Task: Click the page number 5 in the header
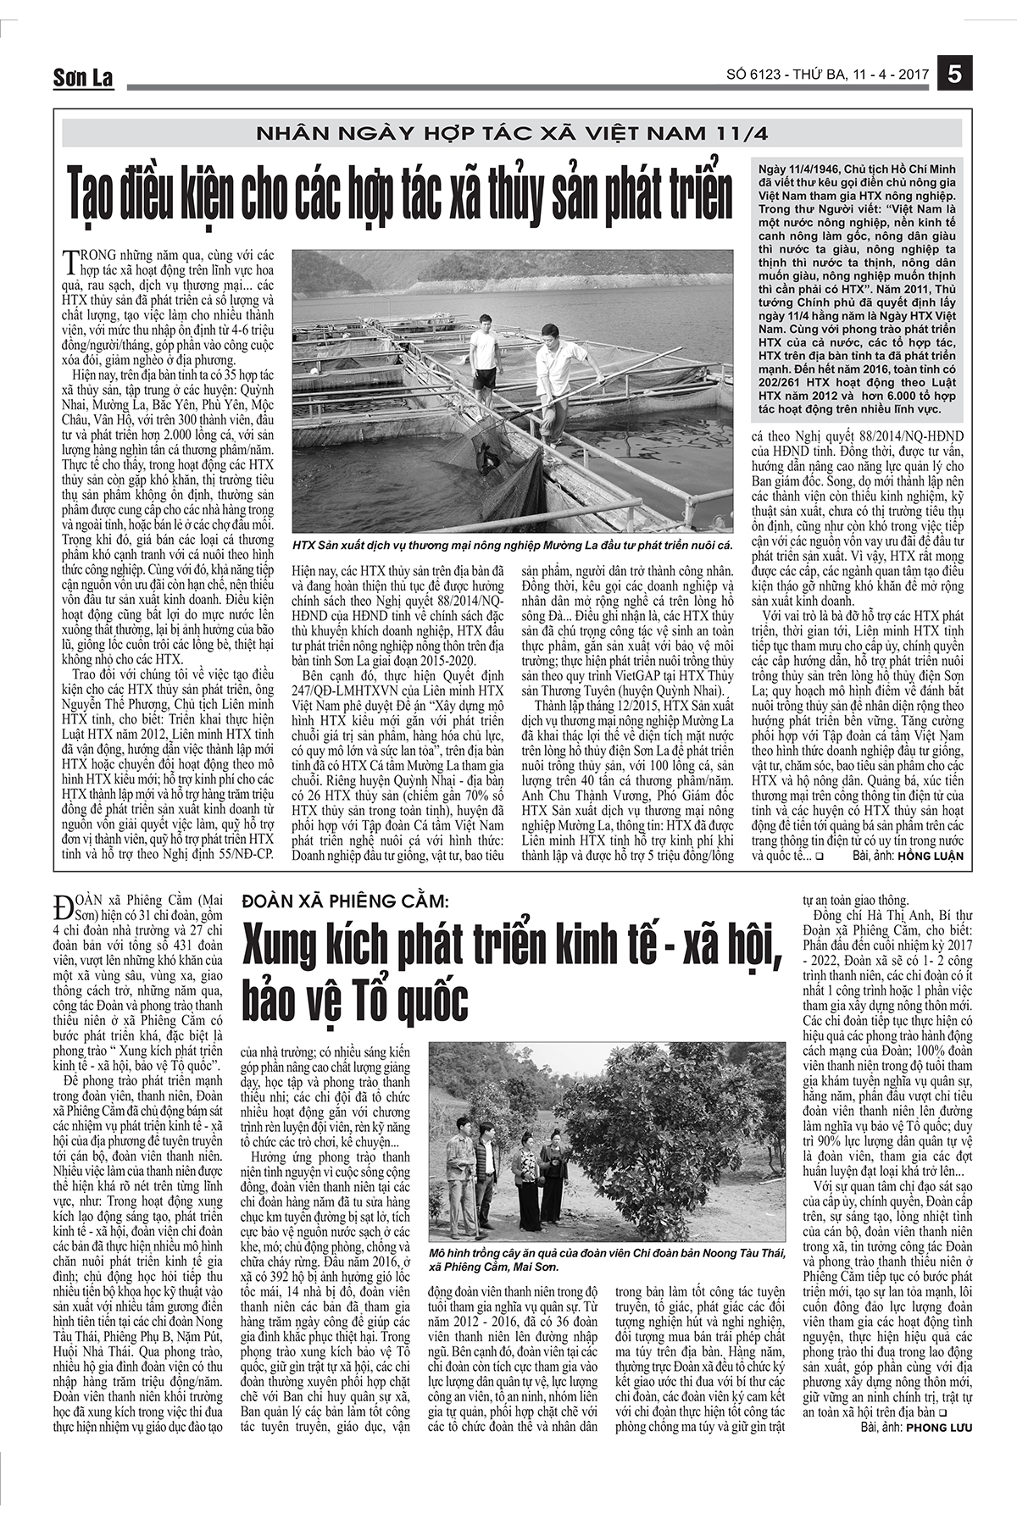coord(955,75)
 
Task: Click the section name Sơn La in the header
coord(82,78)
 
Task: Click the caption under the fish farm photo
coord(511,545)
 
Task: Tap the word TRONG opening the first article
coord(88,254)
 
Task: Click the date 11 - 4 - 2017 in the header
coord(889,75)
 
